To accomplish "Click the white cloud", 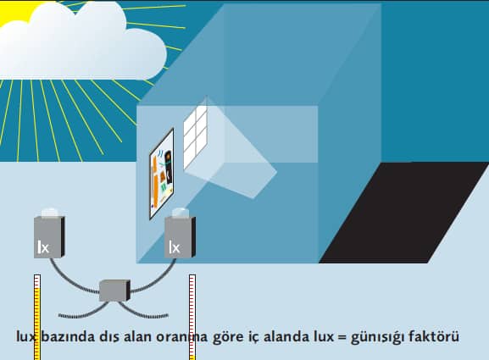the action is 81,44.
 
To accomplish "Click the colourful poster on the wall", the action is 162,174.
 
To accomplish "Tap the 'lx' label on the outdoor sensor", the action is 43,247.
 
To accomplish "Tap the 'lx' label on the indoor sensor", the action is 175,247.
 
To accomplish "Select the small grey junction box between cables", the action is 114,291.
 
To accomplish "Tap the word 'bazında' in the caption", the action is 68,336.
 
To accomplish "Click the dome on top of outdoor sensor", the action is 50,213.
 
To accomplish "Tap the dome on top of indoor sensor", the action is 180,213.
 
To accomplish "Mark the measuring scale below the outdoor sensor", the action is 37,317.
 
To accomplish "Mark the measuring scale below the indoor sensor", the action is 192,317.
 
